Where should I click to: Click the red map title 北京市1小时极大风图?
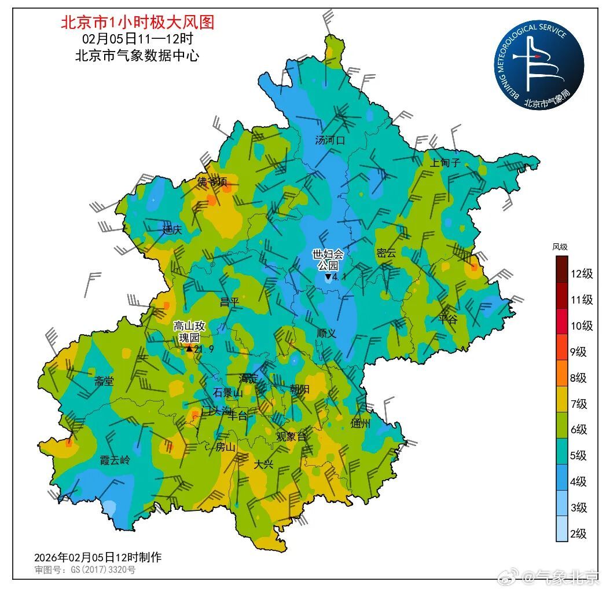[x=137, y=22]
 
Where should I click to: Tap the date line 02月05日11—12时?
[x=137, y=39]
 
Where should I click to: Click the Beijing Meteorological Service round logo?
[x=539, y=64]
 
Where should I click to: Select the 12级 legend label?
[x=581, y=274]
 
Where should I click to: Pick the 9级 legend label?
[x=578, y=352]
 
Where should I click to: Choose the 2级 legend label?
[x=578, y=533]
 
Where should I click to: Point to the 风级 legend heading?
[x=560, y=247]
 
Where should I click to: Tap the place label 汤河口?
[x=330, y=140]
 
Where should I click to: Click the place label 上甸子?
[x=445, y=163]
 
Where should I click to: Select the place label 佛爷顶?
[x=212, y=182]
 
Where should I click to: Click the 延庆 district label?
[x=172, y=230]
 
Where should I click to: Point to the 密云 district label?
[x=386, y=253]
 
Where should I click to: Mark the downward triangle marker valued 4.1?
[x=328, y=277]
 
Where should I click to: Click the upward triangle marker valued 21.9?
[x=189, y=349]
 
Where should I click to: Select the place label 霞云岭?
[x=115, y=461]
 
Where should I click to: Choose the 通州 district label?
[x=361, y=423]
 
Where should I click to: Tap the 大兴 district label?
[x=264, y=464]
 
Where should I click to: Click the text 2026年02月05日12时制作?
[x=98, y=557]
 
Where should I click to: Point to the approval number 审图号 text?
[x=85, y=570]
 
